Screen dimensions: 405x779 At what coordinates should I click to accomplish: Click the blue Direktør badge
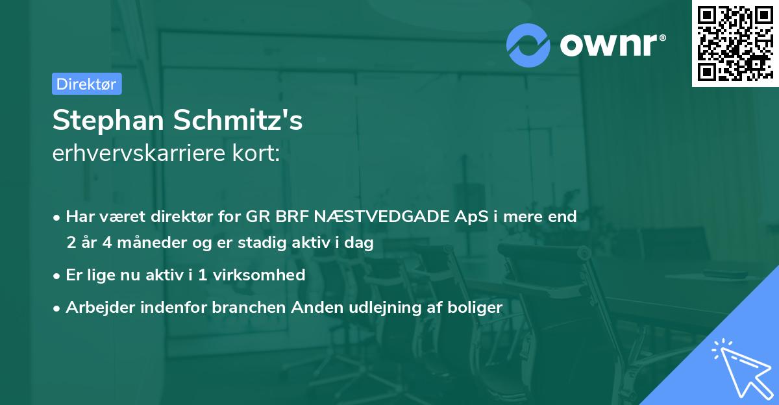click(86, 84)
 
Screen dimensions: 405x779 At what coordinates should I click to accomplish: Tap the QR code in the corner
click(735, 43)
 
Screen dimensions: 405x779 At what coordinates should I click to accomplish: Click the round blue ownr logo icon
click(528, 45)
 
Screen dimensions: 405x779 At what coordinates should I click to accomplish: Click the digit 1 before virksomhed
click(202, 275)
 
